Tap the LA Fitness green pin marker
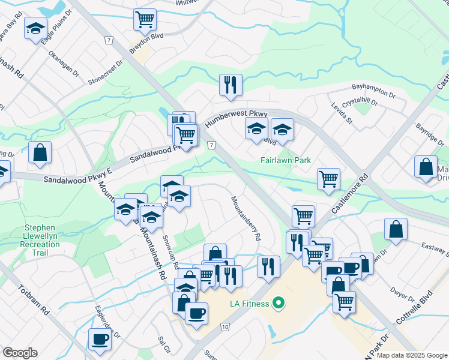pyautogui.click(x=277, y=304)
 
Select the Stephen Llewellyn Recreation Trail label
pyautogui.click(x=40, y=237)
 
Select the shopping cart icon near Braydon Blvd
pyautogui.click(x=145, y=19)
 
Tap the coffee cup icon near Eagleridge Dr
pyautogui.click(x=100, y=338)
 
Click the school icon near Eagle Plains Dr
pyautogui.click(x=36, y=28)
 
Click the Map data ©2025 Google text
pyautogui.click(x=411, y=355)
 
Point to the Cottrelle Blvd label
pyautogui.click(x=414, y=307)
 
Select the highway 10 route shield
pyautogui.click(x=224, y=326)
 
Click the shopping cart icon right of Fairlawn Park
pyautogui.click(x=328, y=178)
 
